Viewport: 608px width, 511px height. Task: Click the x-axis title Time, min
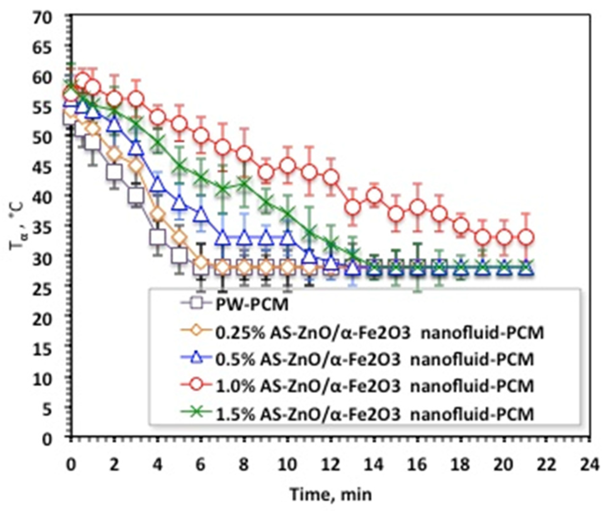(x=331, y=494)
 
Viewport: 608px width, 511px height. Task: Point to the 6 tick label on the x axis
(x=201, y=465)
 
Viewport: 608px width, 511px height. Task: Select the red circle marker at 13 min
(x=353, y=207)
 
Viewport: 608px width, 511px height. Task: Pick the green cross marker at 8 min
(x=244, y=183)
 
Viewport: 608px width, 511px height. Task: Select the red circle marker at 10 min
(x=287, y=165)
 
